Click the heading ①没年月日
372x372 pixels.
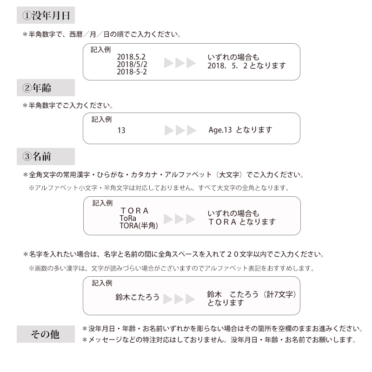coord(46,15)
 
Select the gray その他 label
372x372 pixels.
coord(46,334)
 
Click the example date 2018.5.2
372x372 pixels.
coord(131,57)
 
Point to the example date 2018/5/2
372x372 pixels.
coord(132,64)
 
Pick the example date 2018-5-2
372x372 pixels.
coord(132,72)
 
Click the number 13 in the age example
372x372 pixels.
coord(121,130)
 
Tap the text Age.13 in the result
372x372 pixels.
coord(220,130)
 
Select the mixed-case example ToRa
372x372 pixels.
coord(128,218)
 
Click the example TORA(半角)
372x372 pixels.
coord(139,226)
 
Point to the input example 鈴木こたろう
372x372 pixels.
coord(137,297)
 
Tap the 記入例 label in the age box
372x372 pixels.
coord(101,120)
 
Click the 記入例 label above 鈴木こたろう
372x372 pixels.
coord(102,283)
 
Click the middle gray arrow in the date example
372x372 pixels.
coord(180,63)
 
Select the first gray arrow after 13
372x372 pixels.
coord(169,131)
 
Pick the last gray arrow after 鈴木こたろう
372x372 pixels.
coord(190,299)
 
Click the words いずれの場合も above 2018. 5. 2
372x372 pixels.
coord(233,57)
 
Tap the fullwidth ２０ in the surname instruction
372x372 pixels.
coord(233,254)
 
